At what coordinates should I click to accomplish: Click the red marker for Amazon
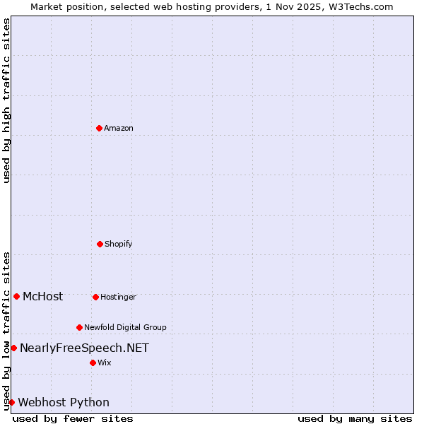pyautogui.click(x=99, y=128)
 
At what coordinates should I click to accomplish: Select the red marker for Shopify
pyautogui.click(x=100, y=244)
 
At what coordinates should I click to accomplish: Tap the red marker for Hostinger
pyautogui.click(x=95, y=297)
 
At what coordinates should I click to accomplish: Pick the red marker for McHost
pyautogui.click(x=16, y=296)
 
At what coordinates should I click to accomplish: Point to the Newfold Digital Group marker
pyautogui.click(x=79, y=327)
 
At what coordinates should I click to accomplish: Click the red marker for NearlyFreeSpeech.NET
pyautogui.click(x=13, y=348)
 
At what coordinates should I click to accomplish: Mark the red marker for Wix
pyautogui.click(x=93, y=363)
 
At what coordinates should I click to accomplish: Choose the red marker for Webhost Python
pyautogui.click(x=11, y=402)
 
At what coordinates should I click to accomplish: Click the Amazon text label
pyautogui.click(x=119, y=128)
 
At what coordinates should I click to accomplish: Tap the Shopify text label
pyautogui.click(x=119, y=244)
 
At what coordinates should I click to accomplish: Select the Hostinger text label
pyautogui.click(x=118, y=297)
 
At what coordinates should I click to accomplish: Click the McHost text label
pyautogui.click(x=42, y=296)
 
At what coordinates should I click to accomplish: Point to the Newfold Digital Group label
pyautogui.click(x=125, y=327)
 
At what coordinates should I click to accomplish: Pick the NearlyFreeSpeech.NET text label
pyautogui.click(x=84, y=348)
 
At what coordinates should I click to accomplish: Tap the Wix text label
pyautogui.click(x=105, y=363)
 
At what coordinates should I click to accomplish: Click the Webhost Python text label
pyautogui.click(x=64, y=402)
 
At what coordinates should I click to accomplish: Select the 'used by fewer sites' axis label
pyautogui.click(x=73, y=418)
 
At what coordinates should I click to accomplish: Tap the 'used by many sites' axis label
pyautogui.click(x=355, y=418)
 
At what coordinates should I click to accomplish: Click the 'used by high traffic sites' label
pyautogui.click(x=6, y=100)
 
